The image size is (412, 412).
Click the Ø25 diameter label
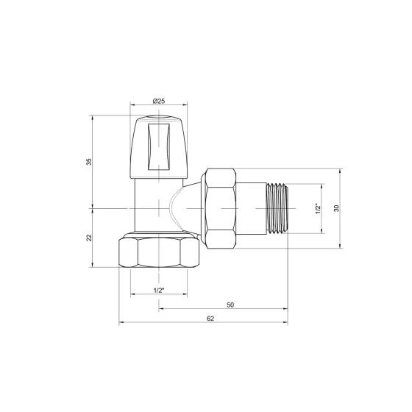158,99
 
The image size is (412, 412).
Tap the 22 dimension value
89,238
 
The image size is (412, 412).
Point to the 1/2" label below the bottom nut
159,290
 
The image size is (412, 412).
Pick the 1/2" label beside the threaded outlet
319,208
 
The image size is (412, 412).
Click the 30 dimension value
336,208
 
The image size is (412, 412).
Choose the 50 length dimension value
230,304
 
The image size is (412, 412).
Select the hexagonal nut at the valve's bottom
159,252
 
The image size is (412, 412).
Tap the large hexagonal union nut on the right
221,207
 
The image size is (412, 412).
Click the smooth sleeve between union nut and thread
251,207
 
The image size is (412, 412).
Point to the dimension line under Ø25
158,105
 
